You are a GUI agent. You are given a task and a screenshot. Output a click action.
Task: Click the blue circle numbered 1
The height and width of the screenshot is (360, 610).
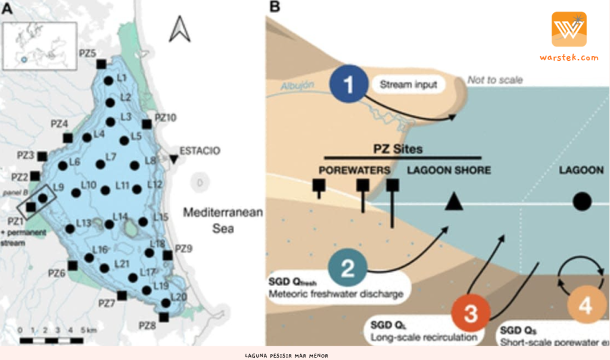348,83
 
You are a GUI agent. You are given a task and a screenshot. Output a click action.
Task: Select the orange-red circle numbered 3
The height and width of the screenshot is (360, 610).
471,314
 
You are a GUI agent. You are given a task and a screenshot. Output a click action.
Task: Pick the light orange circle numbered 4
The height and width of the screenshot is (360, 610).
586,306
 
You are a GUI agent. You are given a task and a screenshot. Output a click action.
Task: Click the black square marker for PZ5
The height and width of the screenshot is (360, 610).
101,63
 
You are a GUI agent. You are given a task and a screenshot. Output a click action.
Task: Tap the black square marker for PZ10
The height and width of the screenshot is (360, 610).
147,124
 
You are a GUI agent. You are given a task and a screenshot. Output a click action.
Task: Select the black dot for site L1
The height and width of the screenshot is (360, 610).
108,80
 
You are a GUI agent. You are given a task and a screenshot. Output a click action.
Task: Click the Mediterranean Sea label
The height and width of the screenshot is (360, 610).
223,220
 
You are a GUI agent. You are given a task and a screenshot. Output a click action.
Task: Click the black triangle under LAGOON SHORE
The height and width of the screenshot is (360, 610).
454,202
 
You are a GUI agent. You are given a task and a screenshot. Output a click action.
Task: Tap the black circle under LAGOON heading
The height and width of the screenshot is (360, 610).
581,201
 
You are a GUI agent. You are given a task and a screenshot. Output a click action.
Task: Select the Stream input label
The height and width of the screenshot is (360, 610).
410,85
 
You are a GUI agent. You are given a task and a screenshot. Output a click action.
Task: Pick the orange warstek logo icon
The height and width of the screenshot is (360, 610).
568,29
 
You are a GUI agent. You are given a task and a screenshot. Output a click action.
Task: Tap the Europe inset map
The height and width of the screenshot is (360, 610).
39,46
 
